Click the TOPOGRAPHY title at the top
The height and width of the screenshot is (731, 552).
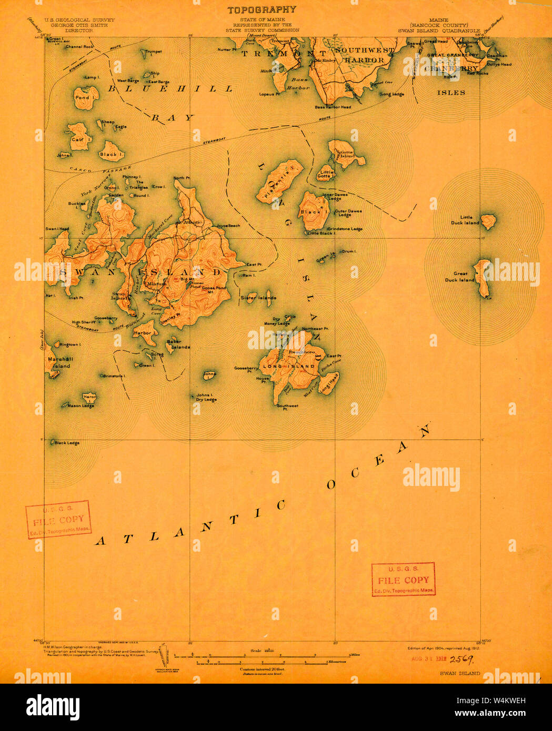click(x=262, y=9)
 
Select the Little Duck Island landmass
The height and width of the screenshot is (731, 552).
click(x=488, y=221)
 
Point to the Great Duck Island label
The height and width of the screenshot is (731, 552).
click(x=460, y=277)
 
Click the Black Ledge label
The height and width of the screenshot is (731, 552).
click(x=67, y=443)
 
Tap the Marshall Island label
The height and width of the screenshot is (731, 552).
click(x=61, y=362)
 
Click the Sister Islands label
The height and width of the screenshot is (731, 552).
click(x=258, y=298)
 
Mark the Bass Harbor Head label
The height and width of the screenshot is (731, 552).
click(x=333, y=107)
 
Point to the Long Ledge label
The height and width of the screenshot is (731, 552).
click(x=392, y=94)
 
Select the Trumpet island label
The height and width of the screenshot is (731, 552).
click(x=153, y=52)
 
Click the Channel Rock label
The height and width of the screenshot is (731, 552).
click(x=79, y=47)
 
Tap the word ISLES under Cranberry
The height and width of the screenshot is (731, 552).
click(x=451, y=93)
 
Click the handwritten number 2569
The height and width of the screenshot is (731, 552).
click(x=460, y=659)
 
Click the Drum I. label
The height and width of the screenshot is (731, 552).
click(x=349, y=251)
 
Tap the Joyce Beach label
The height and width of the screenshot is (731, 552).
click(x=228, y=226)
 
